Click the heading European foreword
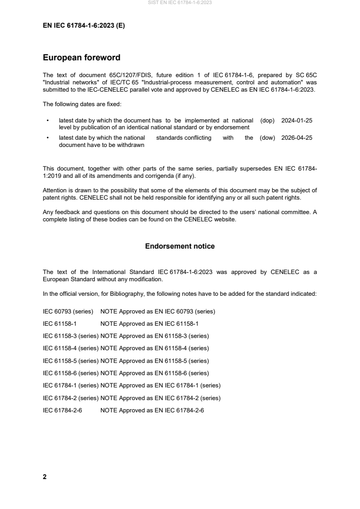[x=81, y=58]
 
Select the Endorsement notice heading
[x=180, y=246]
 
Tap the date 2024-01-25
[x=296, y=121]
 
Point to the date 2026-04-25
[x=296, y=138]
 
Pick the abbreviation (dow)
[x=267, y=138]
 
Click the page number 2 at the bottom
[x=44, y=477]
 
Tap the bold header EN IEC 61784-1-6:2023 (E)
[x=84, y=26]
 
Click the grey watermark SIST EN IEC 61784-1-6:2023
[x=180, y=3]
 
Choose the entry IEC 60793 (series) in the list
[x=68, y=312]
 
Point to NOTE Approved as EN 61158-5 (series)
[x=154, y=361]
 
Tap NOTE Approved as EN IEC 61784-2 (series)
[x=160, y=398]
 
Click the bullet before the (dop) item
[x=47, y=121]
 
